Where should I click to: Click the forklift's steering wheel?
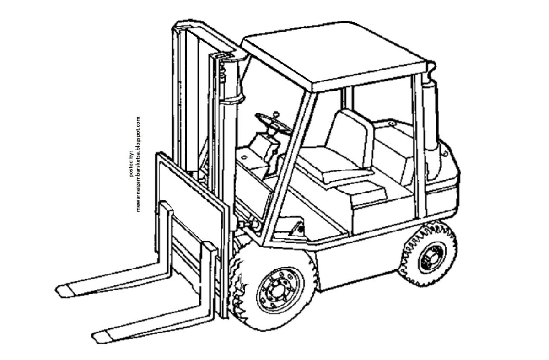[x=274, y=124]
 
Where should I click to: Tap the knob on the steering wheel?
[x=276, y=114]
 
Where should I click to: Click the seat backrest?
[x=350, y=139]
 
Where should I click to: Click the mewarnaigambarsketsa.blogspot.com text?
[x=138, y=164]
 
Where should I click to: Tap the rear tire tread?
[x=428, y=253]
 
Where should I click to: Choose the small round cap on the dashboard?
[x=244, y=156]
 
